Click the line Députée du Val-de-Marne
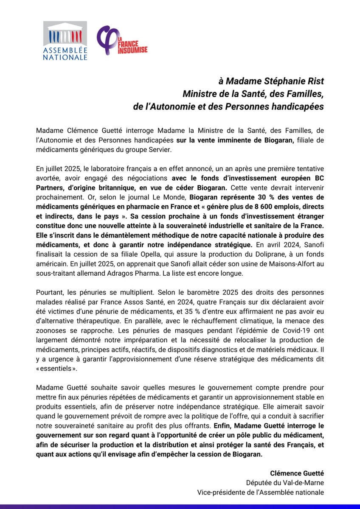pos(285,482)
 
